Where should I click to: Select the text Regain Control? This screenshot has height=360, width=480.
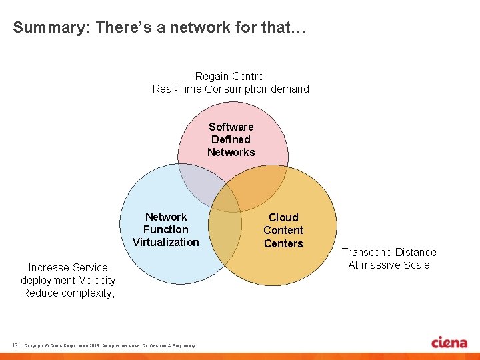231,76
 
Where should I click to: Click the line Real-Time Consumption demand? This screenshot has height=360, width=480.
231,89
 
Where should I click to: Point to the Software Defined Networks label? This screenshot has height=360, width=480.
231,139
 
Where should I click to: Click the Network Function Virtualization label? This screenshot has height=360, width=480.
166,229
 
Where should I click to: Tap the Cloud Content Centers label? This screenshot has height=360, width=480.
283,230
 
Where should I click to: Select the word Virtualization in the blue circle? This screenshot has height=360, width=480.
166,242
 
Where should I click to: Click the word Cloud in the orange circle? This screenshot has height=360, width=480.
283,217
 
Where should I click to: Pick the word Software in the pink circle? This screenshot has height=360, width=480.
231,127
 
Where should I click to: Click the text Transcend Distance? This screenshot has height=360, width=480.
389,252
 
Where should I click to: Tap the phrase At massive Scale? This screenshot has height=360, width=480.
389,265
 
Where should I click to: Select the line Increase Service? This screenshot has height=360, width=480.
68,267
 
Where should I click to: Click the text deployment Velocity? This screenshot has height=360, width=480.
68,280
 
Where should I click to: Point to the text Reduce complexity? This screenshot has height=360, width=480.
68,293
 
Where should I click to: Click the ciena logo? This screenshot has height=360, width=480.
449,342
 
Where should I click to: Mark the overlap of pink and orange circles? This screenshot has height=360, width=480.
263,190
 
